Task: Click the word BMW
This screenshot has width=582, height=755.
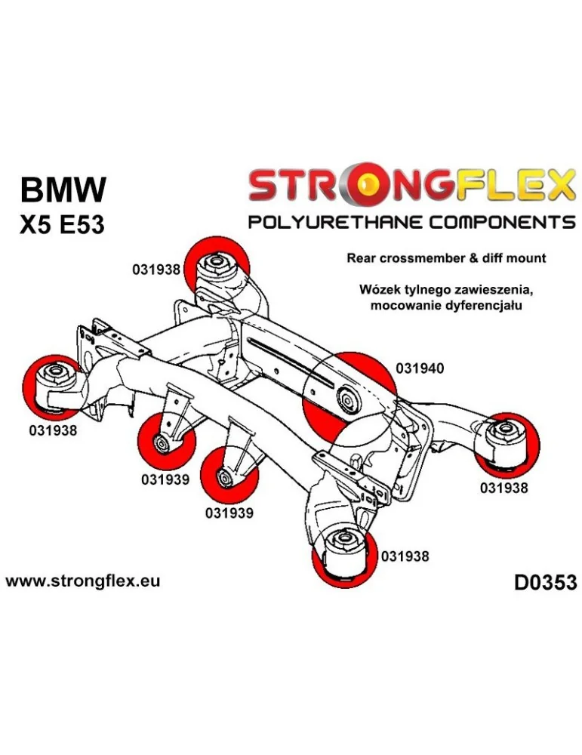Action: click(63, 190)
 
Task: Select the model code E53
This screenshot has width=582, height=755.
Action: click(82, 226)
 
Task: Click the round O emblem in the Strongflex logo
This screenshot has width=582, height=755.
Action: click(368, 185)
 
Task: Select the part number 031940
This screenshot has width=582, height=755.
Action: click(419, 369)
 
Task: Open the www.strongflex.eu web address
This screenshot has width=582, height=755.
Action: click(82, 581)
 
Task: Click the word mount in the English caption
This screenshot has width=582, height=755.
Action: click(526, 257)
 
